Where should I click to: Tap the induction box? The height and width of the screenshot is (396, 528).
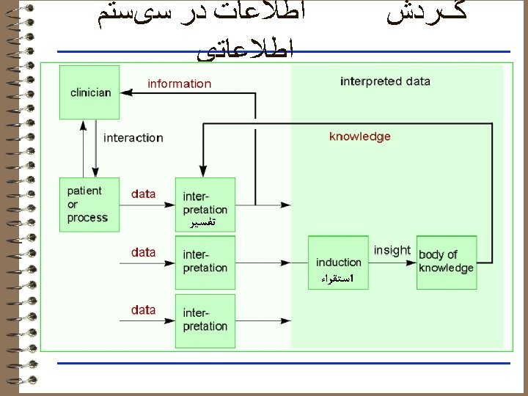339,262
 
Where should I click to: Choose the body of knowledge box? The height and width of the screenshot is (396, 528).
446,262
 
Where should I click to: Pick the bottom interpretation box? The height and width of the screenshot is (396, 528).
205,320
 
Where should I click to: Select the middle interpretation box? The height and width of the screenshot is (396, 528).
205,262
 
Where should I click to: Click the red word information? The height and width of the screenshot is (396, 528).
179,84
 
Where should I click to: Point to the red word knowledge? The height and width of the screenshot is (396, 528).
359,136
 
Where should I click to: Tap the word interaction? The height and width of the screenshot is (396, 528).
133,138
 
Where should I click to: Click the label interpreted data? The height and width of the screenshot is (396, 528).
385,81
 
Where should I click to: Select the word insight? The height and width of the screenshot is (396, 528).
392,251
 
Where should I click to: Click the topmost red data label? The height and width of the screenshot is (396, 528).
144,194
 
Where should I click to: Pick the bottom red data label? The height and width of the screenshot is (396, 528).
144,310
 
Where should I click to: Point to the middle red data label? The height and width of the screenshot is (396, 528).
144,252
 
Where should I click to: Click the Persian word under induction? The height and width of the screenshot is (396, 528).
338,279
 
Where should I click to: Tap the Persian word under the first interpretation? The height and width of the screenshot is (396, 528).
202,222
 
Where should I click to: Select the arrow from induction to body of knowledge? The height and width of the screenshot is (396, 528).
392,262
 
